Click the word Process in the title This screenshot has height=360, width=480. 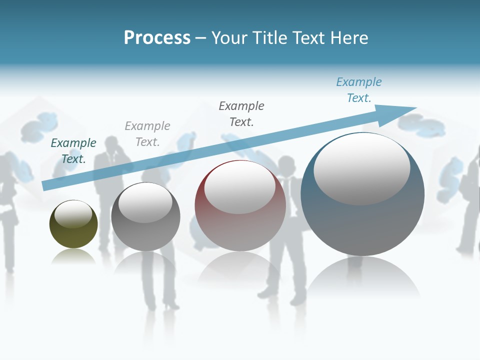point(157,38)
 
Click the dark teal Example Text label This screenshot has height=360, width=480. point(73,150)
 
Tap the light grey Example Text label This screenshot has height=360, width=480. point(147,133)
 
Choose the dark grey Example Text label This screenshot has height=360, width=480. point(241,113)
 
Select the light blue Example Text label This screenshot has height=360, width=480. point(359,89)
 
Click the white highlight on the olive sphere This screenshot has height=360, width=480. point(73,214)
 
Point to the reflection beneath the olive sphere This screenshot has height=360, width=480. point(73,256)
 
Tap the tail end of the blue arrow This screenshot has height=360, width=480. point(45,185)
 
